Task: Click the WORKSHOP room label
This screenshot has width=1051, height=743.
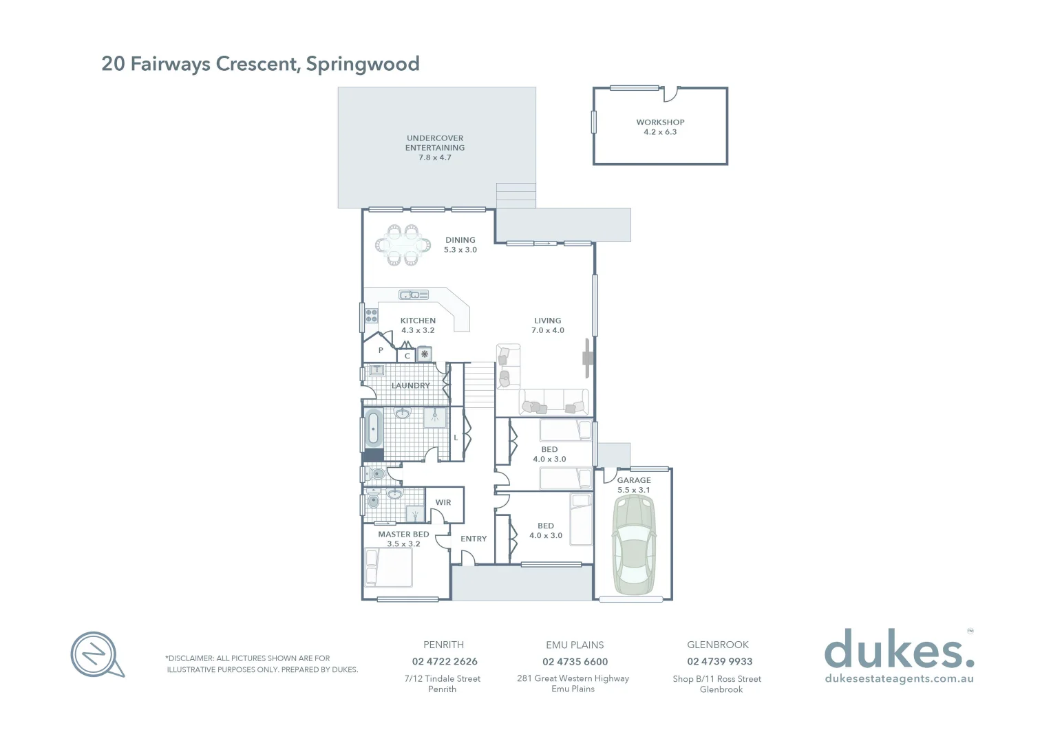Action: coord(660,122)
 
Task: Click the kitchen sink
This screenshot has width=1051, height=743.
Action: coord(410,295)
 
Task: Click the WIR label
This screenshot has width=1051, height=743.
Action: coord(443,503)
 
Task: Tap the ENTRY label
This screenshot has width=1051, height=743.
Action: coord(474,539)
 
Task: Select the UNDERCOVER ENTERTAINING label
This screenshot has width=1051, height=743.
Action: coord(435,143)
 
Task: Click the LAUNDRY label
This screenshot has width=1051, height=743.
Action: coord(410,386)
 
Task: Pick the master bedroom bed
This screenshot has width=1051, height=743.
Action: coord(388,568)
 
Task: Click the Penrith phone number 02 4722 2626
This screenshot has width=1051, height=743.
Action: coord(445,662)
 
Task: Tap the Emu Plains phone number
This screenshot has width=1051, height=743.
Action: coord(575,662)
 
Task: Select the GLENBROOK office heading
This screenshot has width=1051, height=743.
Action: coord(717,645)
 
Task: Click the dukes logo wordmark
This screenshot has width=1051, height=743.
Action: coord(898,649)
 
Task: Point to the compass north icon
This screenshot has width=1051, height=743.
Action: coord(96,654)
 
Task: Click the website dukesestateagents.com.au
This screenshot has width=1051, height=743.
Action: coord(899,679)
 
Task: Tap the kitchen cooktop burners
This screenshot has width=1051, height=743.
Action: coord(371,316)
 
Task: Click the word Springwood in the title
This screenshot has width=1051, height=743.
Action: coord(363,64)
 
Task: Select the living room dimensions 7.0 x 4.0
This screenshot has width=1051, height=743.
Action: coord(547,331)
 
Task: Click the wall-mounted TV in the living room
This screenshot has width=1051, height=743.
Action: coord(587,358)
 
